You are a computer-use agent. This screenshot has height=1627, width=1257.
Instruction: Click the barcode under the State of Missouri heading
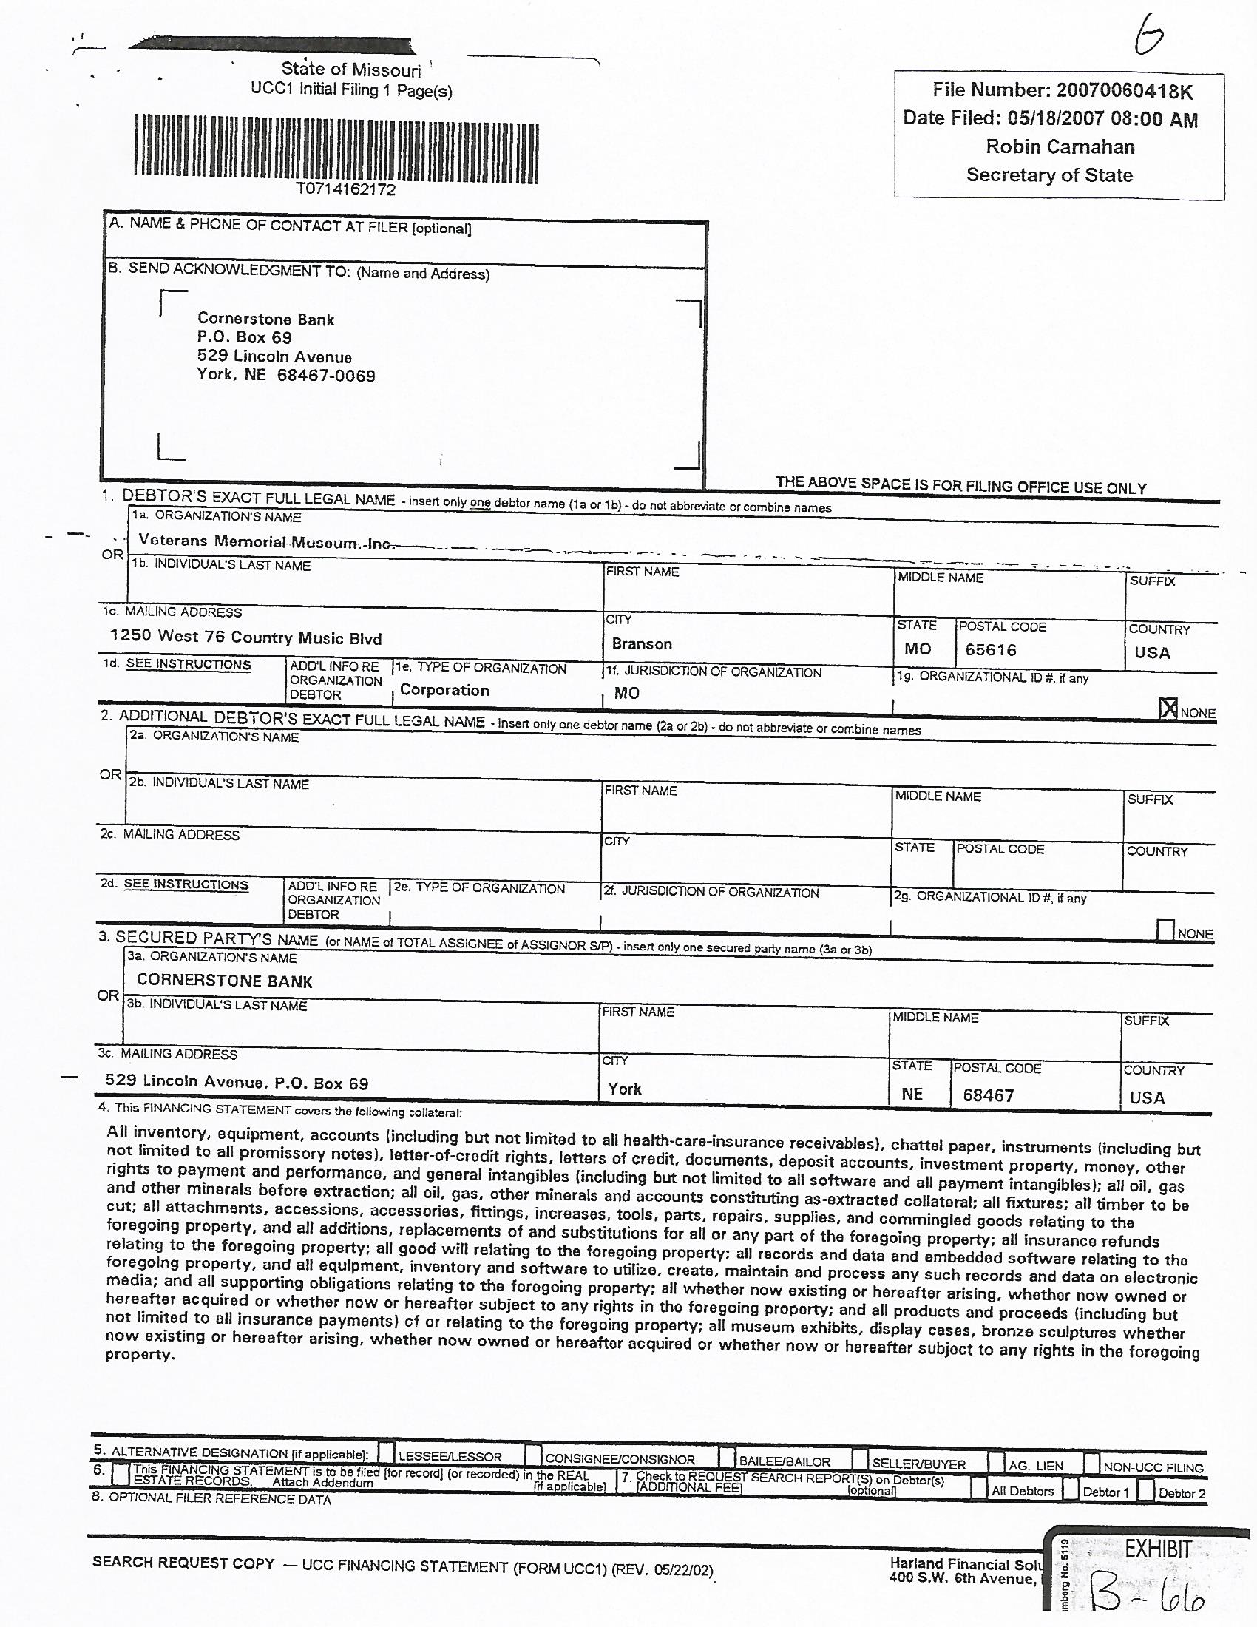click(x=336, y=148)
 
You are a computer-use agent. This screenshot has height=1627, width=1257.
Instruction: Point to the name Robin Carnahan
click(x=1060, y=146)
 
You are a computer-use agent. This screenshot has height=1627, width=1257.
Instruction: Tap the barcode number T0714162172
click(x=345, y=190)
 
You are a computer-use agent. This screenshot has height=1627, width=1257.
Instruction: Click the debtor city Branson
click(x=642, y=643)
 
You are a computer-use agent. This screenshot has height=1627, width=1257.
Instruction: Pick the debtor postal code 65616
click(x=990, y=649)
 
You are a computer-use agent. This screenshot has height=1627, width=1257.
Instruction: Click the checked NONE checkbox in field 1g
click(x=1168, y=708)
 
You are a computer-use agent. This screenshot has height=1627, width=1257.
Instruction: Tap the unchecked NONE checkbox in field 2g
click(x=1165, y=929)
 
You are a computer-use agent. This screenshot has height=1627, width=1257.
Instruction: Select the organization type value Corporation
click(x=444, y=690)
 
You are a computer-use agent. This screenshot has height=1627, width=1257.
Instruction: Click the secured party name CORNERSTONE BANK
click(x=224, y=981)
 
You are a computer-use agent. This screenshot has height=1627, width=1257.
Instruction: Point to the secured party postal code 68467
click(x=987, y=1095)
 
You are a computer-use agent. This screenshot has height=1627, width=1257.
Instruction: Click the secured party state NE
click(x=912, y=1094)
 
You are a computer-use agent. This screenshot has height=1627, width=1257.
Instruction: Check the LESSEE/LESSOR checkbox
click(x=387, y=1452)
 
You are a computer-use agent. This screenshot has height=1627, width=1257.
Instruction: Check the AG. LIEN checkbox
click(x=997, y=1463)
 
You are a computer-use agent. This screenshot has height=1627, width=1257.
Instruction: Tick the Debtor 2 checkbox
click(x=1145, y=1490)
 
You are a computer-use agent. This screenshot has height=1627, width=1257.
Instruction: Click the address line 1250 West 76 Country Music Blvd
click(x=245, y=637)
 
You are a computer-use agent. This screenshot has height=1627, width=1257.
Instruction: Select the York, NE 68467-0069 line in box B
click(x=285, y=375)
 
